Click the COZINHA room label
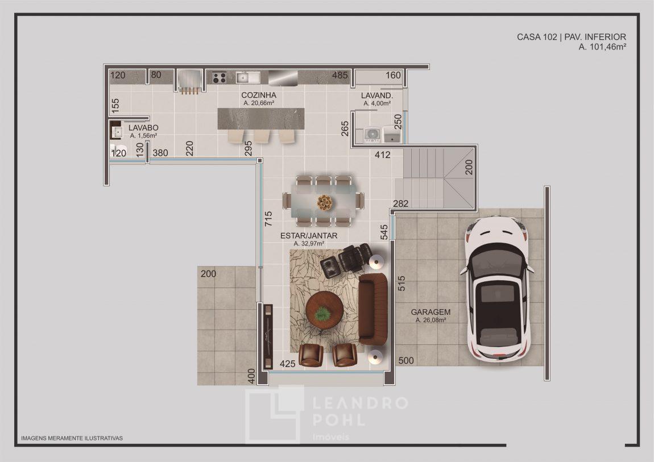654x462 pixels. point(259,95)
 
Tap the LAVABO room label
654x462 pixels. point(143,127)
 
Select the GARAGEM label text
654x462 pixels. point(431,311)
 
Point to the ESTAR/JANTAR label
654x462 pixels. point(309,235)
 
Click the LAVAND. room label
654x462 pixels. point(376,95)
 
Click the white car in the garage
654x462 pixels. point(497,289)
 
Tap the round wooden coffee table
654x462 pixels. point(324,310)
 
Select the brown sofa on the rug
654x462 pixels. point(373,309)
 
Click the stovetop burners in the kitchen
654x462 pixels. point(219,77)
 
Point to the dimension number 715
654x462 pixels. point(268,219)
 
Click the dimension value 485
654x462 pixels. point(340,76)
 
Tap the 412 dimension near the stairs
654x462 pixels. point(383,155)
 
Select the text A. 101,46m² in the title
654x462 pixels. point(602,47)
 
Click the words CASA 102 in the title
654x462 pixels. point(537,37)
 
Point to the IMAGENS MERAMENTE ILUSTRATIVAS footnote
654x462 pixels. point(72,438)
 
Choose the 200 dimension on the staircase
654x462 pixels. point(469,168)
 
